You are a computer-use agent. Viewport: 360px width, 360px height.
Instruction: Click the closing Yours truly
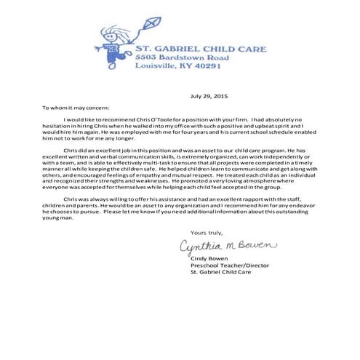(x=193, y=231)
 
